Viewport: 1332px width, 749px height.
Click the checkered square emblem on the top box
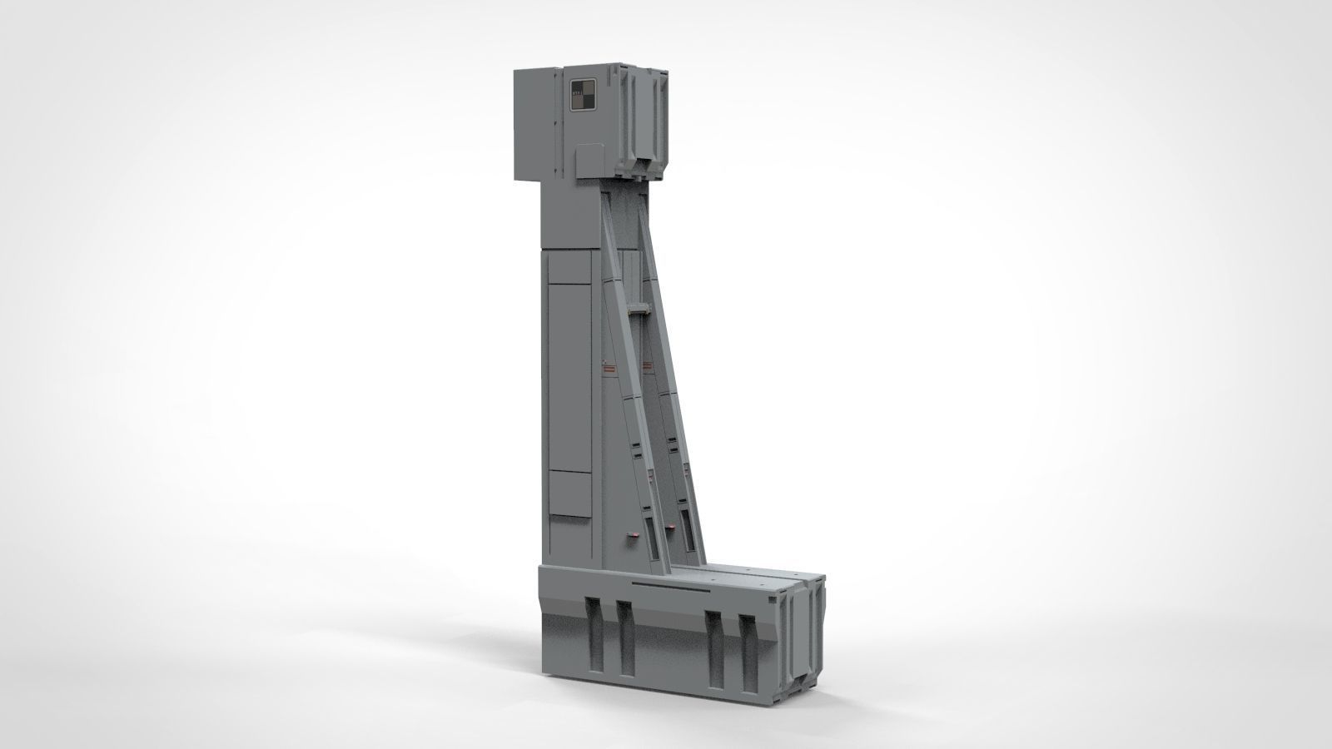(x=582, y=95)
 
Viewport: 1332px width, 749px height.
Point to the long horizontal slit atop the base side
(x=671, y=588)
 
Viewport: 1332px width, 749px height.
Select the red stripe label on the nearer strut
(x=609, y=365)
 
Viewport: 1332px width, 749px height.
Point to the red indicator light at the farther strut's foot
(x=670, y=528)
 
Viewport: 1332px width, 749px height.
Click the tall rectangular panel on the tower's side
(x=570, y=375)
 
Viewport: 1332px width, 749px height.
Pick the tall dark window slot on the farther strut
(x=688, y=528)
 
